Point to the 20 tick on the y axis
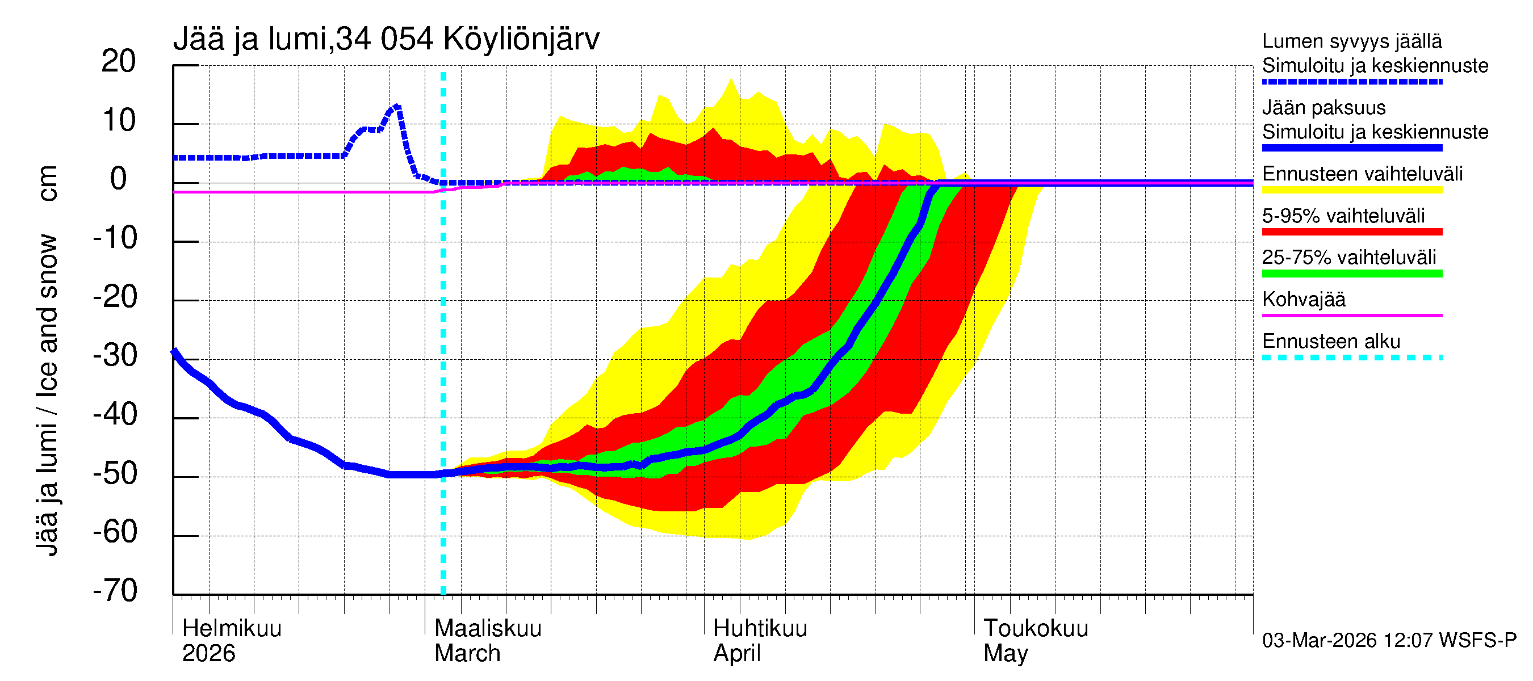[119, 61]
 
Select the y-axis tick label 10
[119, 121]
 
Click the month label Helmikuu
[232, 629]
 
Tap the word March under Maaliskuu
[467, 654]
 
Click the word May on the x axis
[1005, 654]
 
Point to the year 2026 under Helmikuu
[208, 654]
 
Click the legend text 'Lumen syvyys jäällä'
[1351, 41]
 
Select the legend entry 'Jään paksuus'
[1323, 108]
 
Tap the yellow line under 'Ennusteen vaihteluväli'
[1351, 190]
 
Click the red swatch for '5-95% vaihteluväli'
[1351, 232]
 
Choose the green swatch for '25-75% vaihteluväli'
[1351, 274]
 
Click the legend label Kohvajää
[1303, 299]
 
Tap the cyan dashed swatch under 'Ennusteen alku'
[1351, 358]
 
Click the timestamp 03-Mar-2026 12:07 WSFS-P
[1389, 641]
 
